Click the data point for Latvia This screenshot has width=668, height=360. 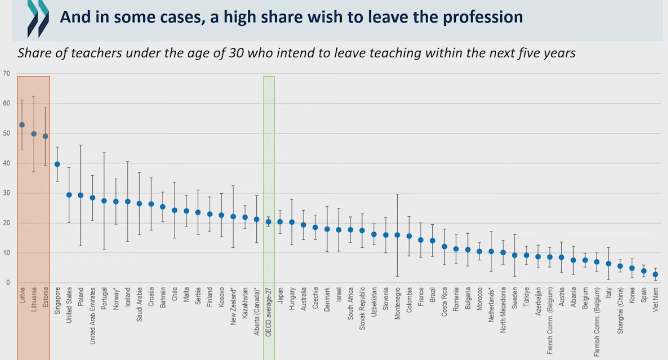click(22, 125)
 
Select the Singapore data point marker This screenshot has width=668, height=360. click(57, 164)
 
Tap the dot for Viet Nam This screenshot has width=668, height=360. click(655, 275)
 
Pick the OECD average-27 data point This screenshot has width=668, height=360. click(268, 222)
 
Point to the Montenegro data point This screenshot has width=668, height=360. click(397, 235)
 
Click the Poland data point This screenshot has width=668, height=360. click(81, 195)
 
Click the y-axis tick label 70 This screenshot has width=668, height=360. click(6, 73)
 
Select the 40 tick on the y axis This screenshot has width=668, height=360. click(6, 163)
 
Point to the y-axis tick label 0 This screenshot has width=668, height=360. click(7, 283)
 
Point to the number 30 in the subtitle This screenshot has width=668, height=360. click(237, 53)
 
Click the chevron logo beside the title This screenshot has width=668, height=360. click(37, 17)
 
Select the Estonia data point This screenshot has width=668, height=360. click(45, 136)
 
